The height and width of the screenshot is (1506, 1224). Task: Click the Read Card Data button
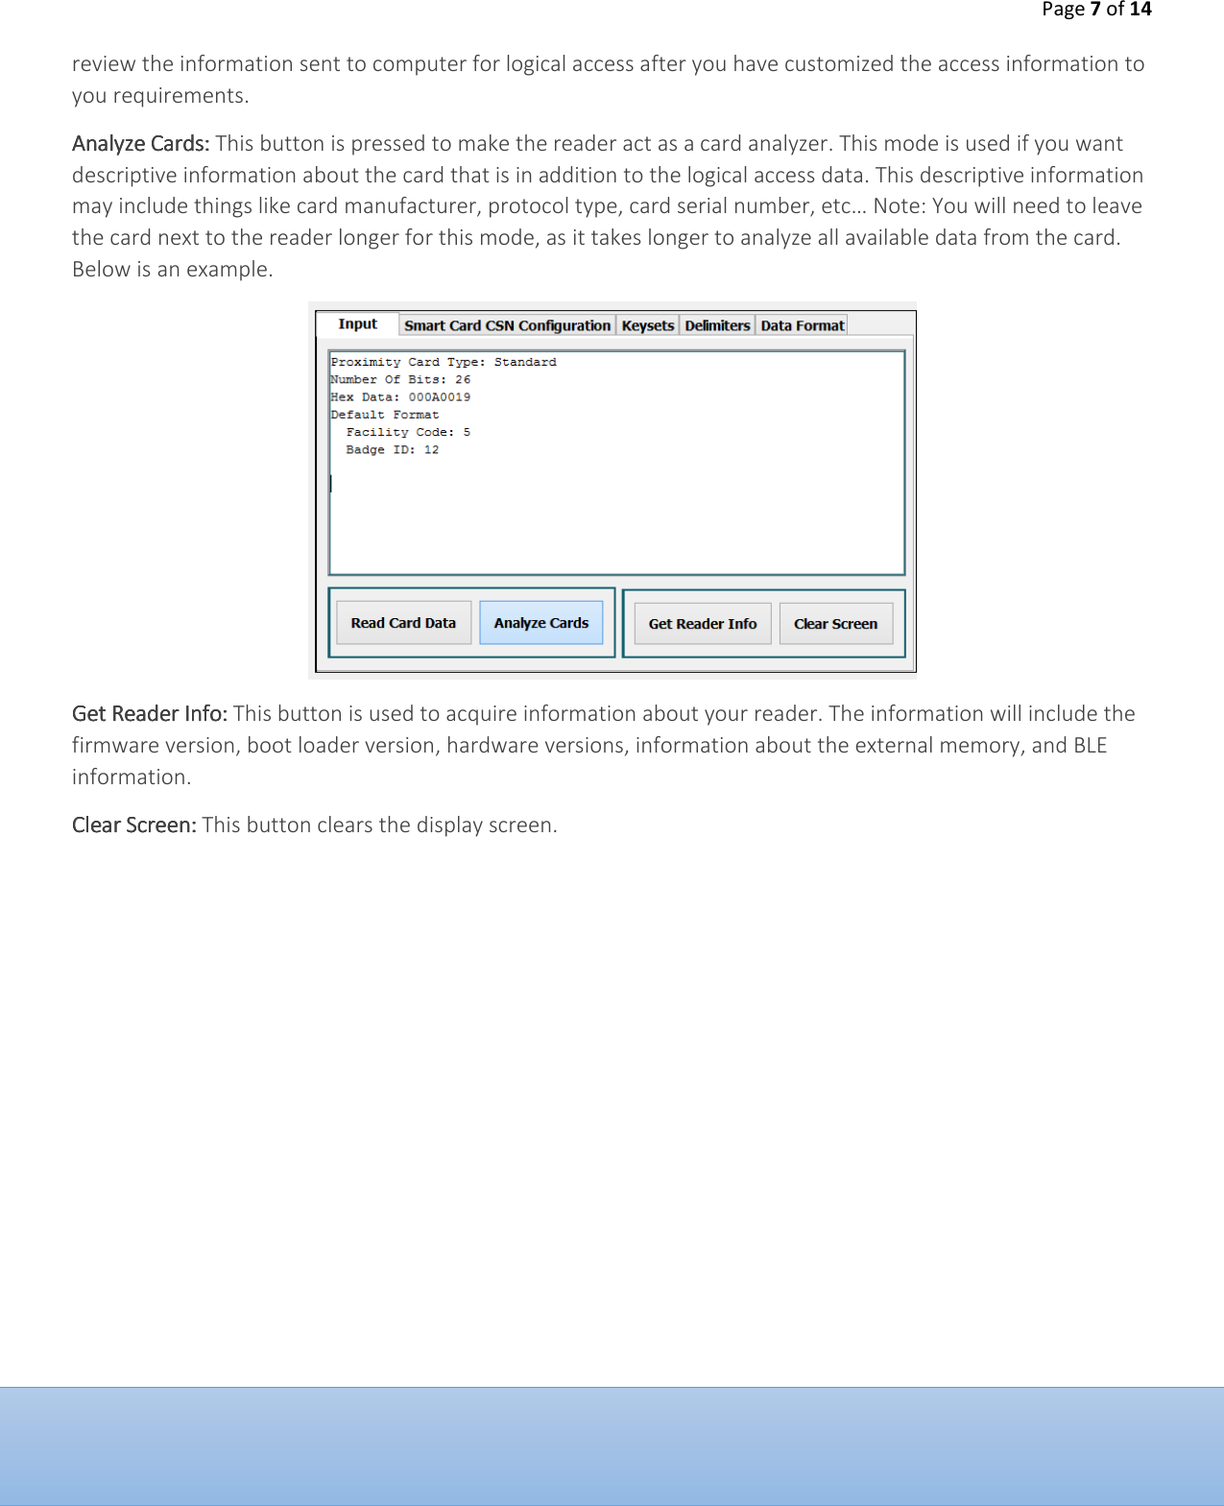point(403,623)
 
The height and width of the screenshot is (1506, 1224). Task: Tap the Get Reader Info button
point(702,624)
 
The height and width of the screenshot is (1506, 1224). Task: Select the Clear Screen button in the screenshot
point(835,624)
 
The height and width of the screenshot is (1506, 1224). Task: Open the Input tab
point(357,324)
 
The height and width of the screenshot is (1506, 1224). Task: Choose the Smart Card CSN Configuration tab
point(507,325)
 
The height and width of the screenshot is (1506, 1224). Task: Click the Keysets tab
point(647,325)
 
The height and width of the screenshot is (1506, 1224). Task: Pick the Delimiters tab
point(717,325)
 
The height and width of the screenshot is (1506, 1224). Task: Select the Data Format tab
point(802,325)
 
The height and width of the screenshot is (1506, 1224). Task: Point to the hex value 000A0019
point(440,397)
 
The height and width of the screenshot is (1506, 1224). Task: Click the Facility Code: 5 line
point(408,433)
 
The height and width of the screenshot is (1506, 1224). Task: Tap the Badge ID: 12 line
point(392,450)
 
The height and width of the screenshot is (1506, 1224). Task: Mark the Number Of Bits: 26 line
point(400,380)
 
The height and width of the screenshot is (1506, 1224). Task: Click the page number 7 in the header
point(1094,10)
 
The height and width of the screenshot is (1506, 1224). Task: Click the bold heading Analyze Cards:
point(140,144)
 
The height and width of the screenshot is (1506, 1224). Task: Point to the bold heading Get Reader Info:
point(149,714)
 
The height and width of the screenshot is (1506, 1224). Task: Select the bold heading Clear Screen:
point(133,825)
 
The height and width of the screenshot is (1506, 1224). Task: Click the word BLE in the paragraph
point(1090,746)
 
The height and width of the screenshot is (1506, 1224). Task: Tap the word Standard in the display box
point(525,363)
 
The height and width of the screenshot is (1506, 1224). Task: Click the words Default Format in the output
point(384,416)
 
